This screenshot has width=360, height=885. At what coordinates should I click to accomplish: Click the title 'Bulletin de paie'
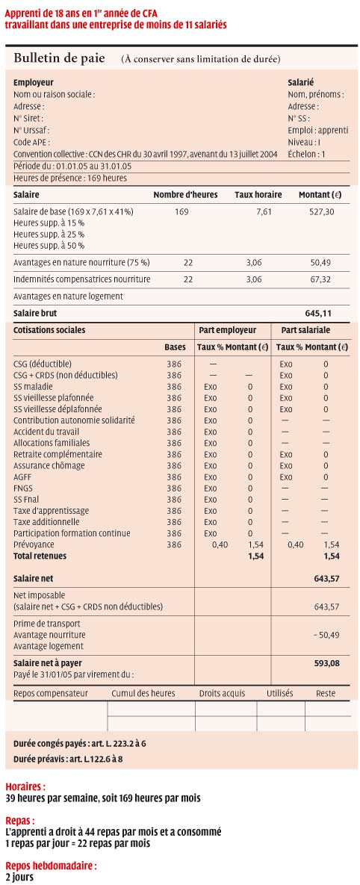pos(59,59)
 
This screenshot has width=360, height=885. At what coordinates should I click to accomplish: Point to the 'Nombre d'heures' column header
pos(186,195)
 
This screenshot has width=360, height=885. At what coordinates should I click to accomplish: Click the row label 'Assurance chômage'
pos(49,465)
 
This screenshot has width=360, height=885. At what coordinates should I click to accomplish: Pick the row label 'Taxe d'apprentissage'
pos(52,511)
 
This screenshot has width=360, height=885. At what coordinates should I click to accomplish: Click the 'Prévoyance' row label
pos(34,544)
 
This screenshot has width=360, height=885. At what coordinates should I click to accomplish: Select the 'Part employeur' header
pos(227,329)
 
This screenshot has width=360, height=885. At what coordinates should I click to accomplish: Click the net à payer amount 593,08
pos(326,663)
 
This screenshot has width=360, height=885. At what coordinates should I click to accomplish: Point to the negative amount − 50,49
pos(326,635)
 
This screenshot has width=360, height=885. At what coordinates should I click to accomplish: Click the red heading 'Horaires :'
pos(25,786)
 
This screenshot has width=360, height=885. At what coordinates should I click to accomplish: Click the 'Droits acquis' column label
pos(223,693)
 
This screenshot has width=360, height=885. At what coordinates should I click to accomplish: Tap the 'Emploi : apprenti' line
pos(314,131)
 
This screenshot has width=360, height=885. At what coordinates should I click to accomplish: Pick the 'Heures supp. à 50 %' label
pos(49,246)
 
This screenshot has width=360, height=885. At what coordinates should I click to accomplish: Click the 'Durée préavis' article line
pos(68,759)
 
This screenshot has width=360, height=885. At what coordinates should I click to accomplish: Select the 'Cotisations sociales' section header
pos(49,329)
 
